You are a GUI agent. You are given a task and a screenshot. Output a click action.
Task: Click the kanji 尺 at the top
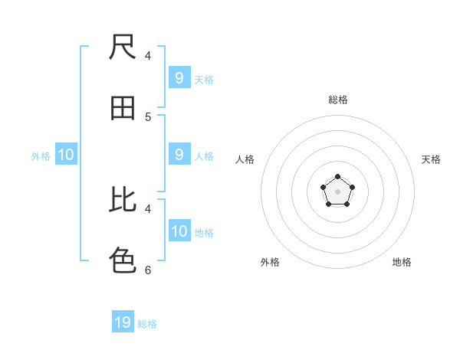click(123, 47)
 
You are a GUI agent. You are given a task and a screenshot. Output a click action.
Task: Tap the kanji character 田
click(123, 109)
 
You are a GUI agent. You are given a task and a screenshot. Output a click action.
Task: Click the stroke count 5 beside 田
click(148, 117)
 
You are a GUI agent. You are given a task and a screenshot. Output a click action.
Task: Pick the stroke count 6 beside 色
click(148, 270)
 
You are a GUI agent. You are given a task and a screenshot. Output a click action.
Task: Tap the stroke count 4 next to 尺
click(148, 56)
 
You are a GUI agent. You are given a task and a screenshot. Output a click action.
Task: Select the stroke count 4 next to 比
click(148, 208)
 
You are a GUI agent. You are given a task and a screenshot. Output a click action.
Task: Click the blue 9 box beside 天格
click(179, 78)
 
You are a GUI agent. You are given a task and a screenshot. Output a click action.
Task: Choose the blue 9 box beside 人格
click(179, 155)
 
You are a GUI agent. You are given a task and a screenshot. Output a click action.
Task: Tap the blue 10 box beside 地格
click(179, 231)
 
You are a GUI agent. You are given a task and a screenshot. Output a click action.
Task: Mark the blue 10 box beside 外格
click(66, 155)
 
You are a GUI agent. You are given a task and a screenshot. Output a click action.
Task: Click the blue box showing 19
click(123, 322)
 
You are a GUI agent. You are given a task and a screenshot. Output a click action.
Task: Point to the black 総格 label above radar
click(338, 100)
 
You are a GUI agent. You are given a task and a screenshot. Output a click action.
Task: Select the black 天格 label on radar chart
click(431, 159)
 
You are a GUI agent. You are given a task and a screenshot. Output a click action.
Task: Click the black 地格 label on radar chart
click(402, 262)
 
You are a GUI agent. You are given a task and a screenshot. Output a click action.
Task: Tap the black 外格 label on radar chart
click(270, 262)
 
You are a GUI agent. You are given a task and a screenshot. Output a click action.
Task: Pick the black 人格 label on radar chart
click(245, 159)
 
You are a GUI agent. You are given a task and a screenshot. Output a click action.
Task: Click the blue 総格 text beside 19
click(147, 324)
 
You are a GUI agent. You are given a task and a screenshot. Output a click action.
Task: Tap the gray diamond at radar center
click(337, 191)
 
